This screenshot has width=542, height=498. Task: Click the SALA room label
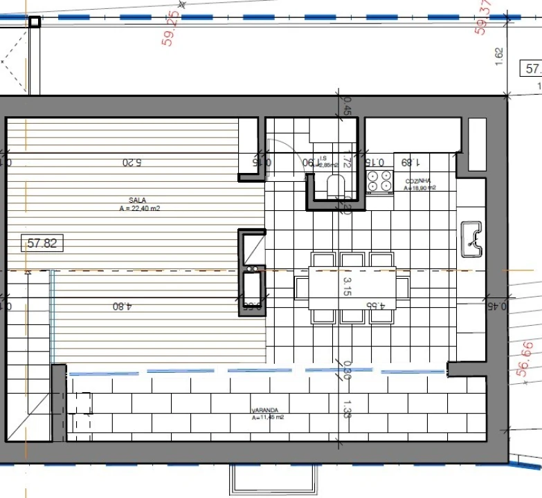(137, 201)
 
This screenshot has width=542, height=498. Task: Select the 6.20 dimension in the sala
(134, 163)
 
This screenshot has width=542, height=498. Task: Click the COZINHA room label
(420, 181)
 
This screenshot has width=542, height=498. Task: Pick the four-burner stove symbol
(379, 181)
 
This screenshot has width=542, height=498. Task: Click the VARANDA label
(265, 410)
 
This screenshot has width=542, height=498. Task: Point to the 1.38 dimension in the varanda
(347, 409)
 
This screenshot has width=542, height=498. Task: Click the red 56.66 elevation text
(526, 359)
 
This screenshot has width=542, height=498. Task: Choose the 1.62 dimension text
(500, 56)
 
